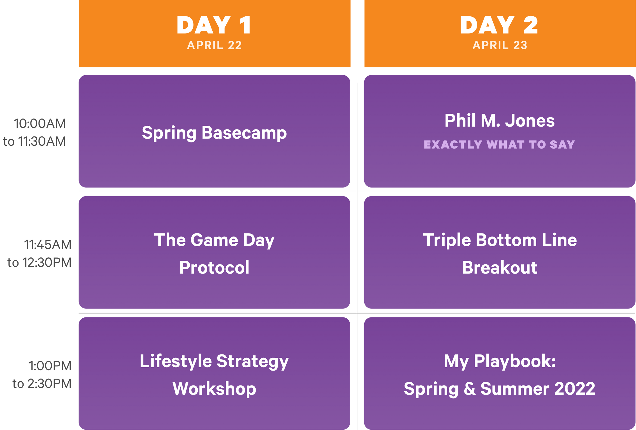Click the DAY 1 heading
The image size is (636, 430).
coord(214,25)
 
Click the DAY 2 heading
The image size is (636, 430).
coord(499,25)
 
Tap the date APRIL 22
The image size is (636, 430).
coord(214,45)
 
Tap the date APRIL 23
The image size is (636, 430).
coord(500,45)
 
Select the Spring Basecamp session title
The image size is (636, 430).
coord(214,133)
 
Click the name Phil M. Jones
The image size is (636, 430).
coord(500,121)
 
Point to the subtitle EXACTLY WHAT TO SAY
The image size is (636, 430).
coord(499,145)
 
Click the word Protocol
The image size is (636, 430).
coord(214,267)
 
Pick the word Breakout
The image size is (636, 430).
coord(500,267)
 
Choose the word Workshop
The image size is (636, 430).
coord(214,388)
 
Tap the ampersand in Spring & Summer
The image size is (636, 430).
coord(470,389)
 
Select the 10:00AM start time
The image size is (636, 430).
coord(40,124)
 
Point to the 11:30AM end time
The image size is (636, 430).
coord(42,142)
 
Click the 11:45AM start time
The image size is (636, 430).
coord(48,245)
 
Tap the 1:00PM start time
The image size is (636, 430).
coord(50,366)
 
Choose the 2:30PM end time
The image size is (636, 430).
coord(50,384)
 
